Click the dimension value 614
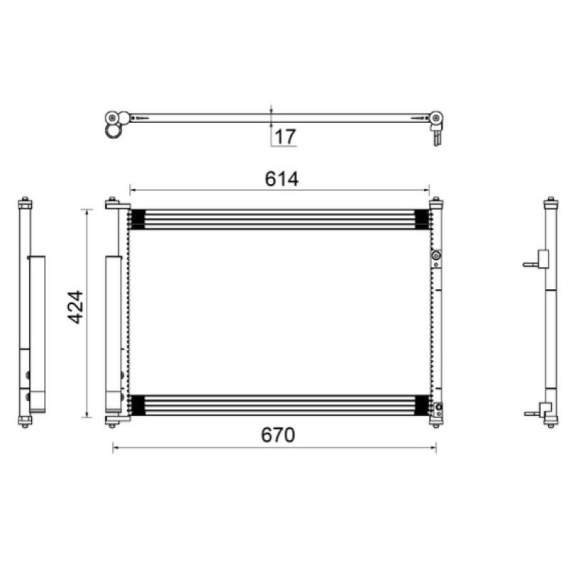281,179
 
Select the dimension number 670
278,435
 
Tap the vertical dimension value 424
76,307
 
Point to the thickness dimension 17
285,136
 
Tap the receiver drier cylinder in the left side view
38,334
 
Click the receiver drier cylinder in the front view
114,334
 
